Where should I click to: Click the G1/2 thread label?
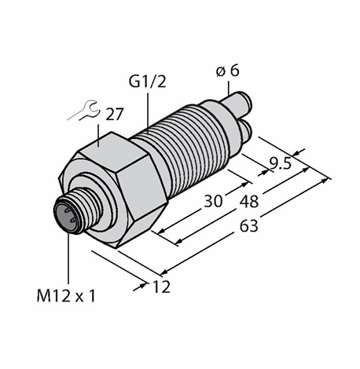147,82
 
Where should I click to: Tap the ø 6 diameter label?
228,71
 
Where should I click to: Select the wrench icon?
84,111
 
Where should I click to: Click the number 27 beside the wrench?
114,114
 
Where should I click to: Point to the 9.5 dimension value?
280,164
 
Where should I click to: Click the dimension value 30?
213,201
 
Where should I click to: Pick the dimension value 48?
249,202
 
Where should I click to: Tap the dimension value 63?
249,225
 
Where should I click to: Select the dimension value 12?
161,287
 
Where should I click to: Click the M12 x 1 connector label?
66,297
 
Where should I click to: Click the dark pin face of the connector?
65,214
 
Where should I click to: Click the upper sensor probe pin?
237,102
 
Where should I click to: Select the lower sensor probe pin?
245,130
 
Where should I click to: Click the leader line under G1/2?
148,113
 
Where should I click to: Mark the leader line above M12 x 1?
68,258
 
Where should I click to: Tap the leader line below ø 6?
229,88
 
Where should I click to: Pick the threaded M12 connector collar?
85,210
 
